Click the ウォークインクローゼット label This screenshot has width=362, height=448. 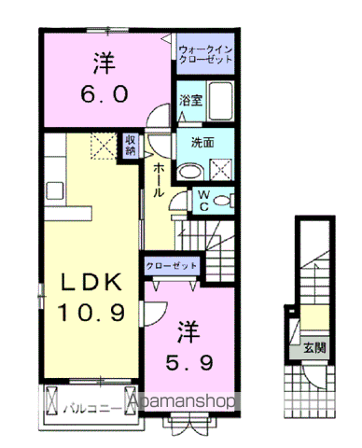[206, 54]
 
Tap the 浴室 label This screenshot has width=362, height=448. [190, 100]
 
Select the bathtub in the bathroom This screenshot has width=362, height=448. [221, 101]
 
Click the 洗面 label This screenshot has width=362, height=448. [202, 143]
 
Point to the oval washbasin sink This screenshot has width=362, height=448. [190, 172]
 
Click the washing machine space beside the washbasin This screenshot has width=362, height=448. [220, 170]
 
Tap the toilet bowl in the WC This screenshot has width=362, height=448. [223, 201]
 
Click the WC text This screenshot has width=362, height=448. [203, 201]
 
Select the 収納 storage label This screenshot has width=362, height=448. [131, 146]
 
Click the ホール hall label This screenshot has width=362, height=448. [159, 180]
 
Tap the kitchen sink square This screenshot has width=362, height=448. [55, 190]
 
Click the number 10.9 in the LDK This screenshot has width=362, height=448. [91, 313]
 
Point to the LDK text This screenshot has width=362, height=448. [91, 282]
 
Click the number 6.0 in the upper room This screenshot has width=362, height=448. [104, 94]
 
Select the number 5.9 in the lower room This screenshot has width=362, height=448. [189, 363]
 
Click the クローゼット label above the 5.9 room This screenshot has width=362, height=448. [172, 266]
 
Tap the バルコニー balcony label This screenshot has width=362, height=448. [92, 409]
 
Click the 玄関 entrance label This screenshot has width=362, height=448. [315, 347]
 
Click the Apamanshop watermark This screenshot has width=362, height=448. [182, 401]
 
